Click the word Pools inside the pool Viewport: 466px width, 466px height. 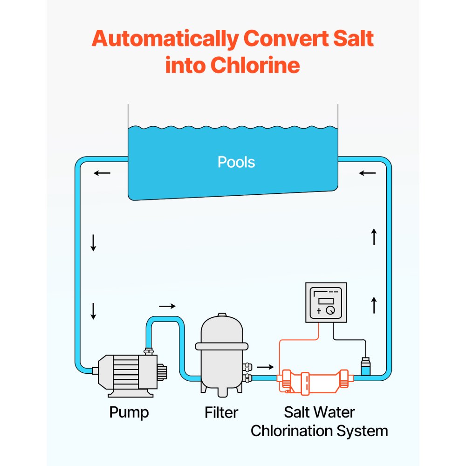[236, 162]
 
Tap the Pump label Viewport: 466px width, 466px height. [129, 412]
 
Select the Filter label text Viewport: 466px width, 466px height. [221, 412]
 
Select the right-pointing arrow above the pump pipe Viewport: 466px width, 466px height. [167, 306]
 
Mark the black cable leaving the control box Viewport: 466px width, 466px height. [349, 339]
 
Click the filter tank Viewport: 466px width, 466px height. [221, 354]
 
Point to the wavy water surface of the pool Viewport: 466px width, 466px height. [233, 127]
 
